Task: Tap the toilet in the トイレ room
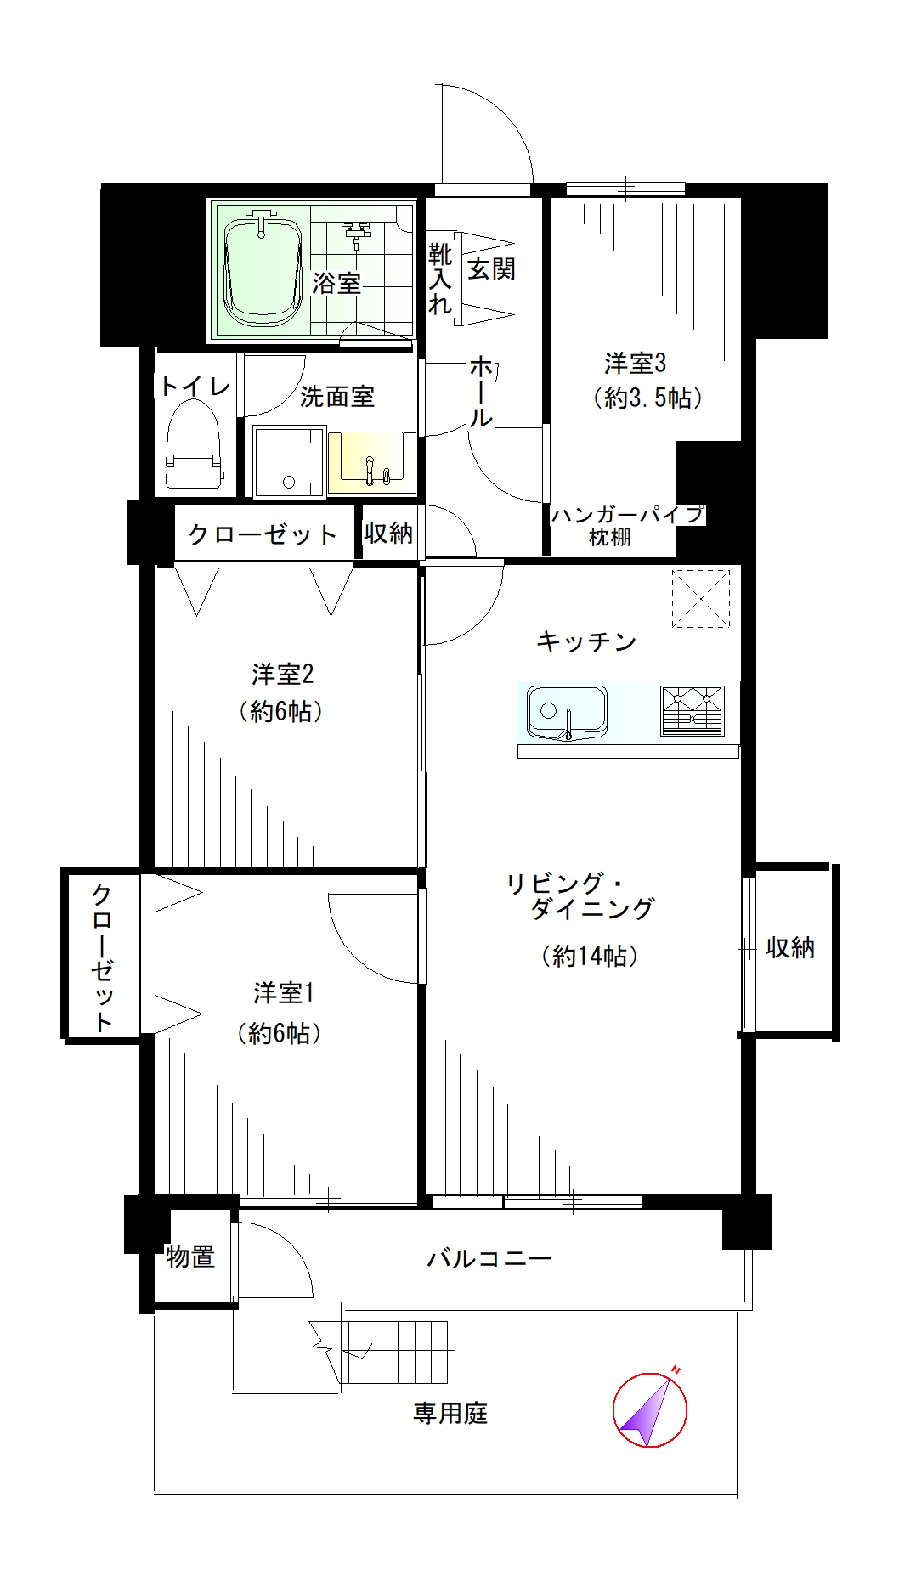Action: pyautogui.click(x=193, y=444)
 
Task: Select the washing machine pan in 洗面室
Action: pyautogui.click(x=289, y=461)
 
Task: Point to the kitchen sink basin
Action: pyautogui.click(x=567, y=711)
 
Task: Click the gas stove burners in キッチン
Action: pyautogui.click(x=693, y=710)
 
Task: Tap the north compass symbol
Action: pyautogui.click(x=650, y=1409)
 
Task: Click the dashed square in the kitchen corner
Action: pyautogui.click(x=701, y=599)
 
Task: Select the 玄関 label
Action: pyautogui.click(x=491, y=269)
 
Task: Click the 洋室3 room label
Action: pyautogui.click(x=635, y=364)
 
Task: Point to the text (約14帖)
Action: pyautogui.click(x=590, y=956)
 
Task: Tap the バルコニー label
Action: pyautogui.click(x=489, y=1258)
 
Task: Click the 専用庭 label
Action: pyautogui.click(x=450, y=1414)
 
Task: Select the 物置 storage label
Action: pyautogui.click(x=190, y=1257)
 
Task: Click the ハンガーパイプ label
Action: pyautogui.click(x=628, y=514)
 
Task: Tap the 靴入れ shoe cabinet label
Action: pyautogui.click(x=440, y=279)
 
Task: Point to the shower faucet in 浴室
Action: pyautogui.click(x=356, y=231)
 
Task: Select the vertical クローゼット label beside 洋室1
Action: pyautogui.click(x=102, y=957)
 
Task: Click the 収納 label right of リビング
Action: pyautogui.click(x=790, y=947)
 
